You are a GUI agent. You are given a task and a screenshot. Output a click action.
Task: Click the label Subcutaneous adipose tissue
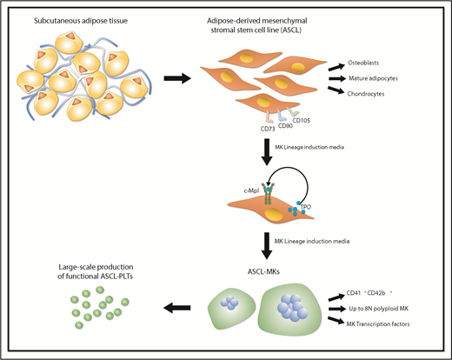(68, 19)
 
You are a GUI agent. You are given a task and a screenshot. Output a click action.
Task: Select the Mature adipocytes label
(388, 77)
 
